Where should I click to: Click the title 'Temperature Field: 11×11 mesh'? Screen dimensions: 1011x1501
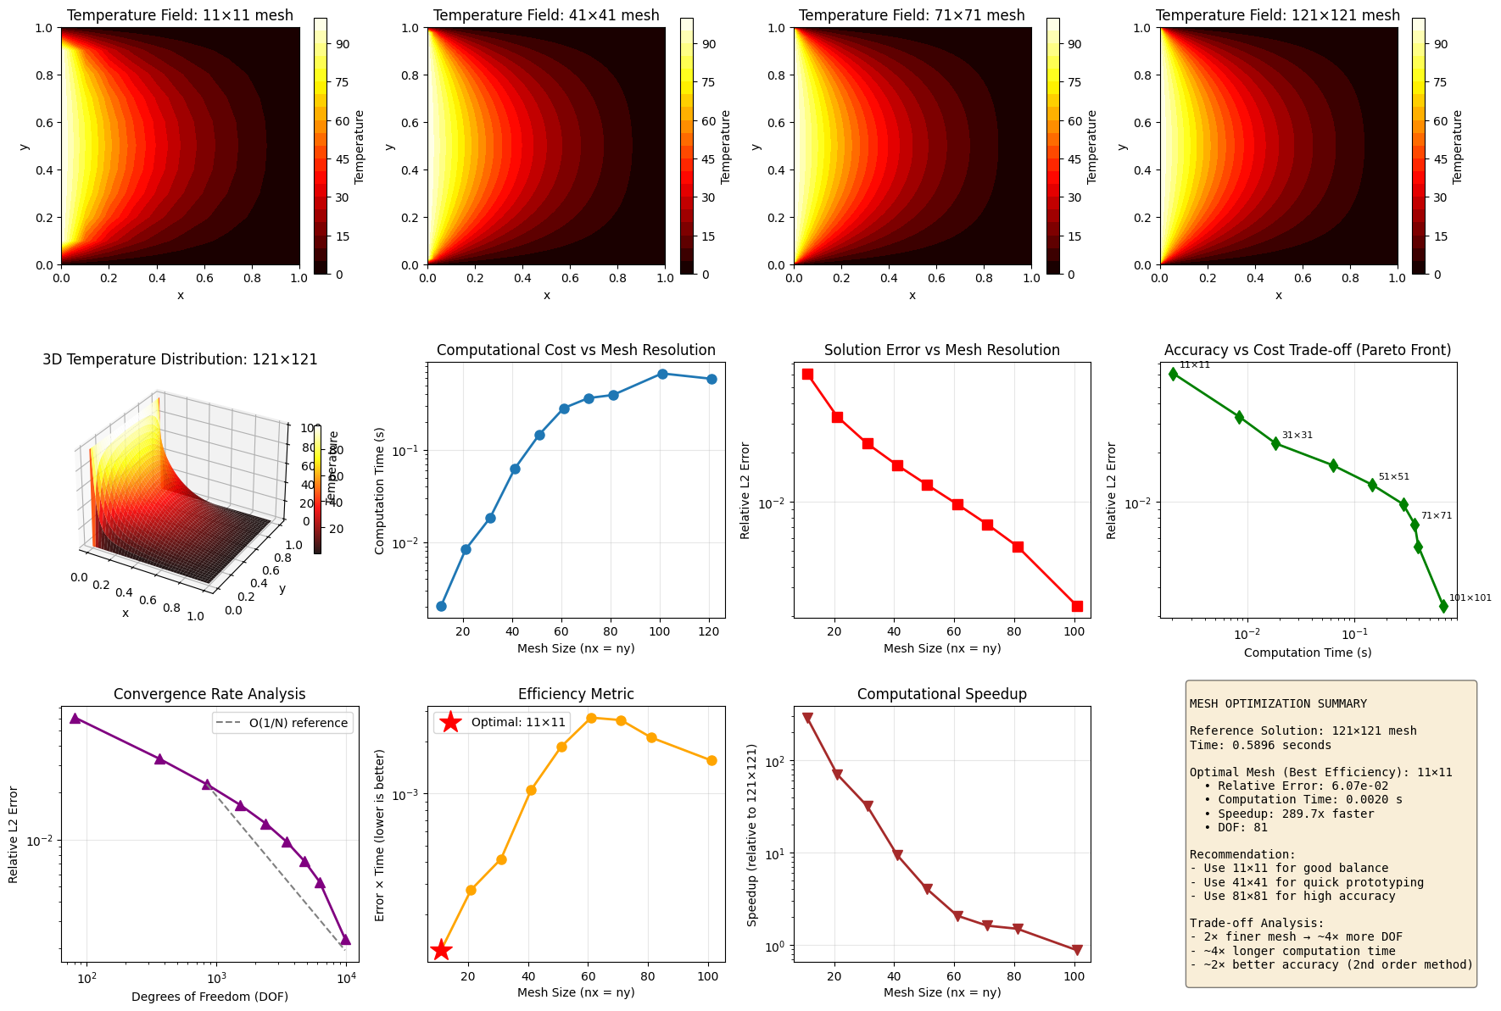tap(180, 15)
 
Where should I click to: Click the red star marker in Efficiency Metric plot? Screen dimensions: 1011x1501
tap(441, 950)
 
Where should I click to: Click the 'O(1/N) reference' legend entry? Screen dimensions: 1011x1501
tap(298, 723)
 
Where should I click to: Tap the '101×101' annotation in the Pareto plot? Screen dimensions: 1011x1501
tap(1470, 598)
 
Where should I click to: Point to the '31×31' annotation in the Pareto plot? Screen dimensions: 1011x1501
tap(1297, 436)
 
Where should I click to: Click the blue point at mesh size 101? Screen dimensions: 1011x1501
tap(662, 374)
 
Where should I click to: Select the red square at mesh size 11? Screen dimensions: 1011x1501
tap(807, 374)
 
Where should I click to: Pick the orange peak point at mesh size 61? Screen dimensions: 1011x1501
tap(591, 718)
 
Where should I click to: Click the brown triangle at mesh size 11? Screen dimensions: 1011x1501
tap(807, 718)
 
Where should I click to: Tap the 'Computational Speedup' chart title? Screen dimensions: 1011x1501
tap(941, 694)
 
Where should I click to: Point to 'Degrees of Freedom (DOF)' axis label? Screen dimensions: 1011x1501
tap(209, 997)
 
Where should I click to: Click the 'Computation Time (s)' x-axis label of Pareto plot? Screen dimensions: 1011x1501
tap(1307, 653)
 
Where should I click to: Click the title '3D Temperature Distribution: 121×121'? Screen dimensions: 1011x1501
tap(180, 359)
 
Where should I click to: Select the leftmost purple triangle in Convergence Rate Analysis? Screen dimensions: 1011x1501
tap(75, 718)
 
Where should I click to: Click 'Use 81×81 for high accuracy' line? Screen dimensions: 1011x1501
tap(1292, 896)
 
